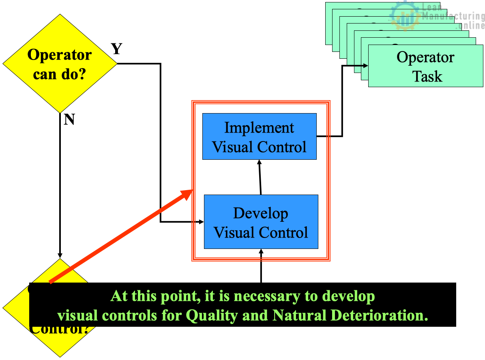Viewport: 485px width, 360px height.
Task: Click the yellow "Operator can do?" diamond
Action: pos(60,64)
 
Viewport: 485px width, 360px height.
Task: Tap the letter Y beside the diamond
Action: pos(116,49)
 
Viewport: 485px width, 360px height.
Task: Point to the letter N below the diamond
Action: pos(69,120)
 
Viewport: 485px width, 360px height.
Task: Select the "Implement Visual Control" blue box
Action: pos(259,136)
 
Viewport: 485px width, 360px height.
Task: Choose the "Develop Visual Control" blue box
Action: pos(261,222)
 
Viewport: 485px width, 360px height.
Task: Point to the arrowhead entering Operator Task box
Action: pos(365,65)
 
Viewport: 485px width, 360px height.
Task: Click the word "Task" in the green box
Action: pos(427,76)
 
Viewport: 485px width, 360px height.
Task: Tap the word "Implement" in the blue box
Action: pos(259,127)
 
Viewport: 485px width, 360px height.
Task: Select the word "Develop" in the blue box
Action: pos(261,213)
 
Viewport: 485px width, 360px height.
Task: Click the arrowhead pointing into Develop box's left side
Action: pos(201,222)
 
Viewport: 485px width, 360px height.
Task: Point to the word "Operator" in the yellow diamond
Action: pos(60,55)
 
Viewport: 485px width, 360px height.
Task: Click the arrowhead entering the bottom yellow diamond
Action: pos(60,255)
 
